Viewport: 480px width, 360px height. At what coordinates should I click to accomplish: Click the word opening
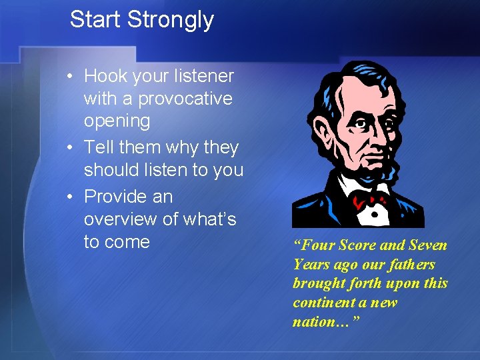pos(117,122)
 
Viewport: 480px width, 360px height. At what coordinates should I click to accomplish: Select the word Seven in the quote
pos(428,245)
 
